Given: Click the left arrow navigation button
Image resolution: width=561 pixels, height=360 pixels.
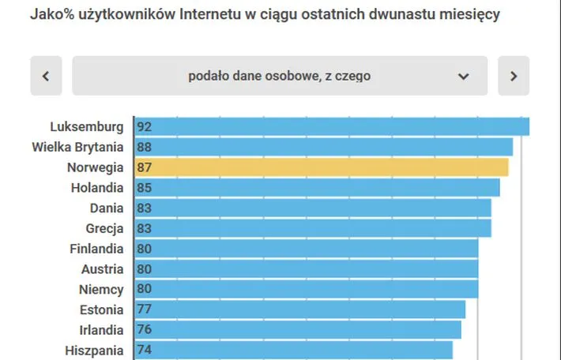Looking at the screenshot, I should coord(46,76).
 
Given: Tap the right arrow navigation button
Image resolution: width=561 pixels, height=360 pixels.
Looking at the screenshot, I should coord(514,76).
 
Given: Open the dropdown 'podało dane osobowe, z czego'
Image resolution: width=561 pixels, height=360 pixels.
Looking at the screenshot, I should coord(280,76).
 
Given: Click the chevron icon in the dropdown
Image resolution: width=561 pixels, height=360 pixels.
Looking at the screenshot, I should coord(463,77).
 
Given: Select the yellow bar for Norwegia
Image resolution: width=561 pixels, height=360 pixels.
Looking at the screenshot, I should coord(322,167).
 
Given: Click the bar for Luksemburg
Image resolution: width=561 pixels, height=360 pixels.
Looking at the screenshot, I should coord(332,126).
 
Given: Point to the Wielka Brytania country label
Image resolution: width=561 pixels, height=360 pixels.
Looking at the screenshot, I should coord(77,147).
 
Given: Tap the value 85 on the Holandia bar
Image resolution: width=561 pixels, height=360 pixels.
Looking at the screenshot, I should coord(144,188).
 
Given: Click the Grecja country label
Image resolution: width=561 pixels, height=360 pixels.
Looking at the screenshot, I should coord(104,229).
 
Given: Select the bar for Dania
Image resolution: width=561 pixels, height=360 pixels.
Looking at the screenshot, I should coord(313,208).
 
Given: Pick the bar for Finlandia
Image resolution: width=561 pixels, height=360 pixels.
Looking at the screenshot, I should coord(307,249).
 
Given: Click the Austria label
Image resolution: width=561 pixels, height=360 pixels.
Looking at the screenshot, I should coord(102,269).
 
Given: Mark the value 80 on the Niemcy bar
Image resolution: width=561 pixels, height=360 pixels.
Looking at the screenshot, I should coord(144,290).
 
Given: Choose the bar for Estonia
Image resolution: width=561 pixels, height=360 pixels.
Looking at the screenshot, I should coord(300,309).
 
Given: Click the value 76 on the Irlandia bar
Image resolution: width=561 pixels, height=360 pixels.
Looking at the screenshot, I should coord(144,330).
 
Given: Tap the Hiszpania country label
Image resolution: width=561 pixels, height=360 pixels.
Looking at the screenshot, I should coord(95,351).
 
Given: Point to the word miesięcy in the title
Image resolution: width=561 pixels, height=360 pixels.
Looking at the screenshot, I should coord(469,14).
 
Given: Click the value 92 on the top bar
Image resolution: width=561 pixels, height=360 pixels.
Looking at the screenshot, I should coord(144,126).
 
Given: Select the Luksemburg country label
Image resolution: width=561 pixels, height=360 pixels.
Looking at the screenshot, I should coord(86,126).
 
